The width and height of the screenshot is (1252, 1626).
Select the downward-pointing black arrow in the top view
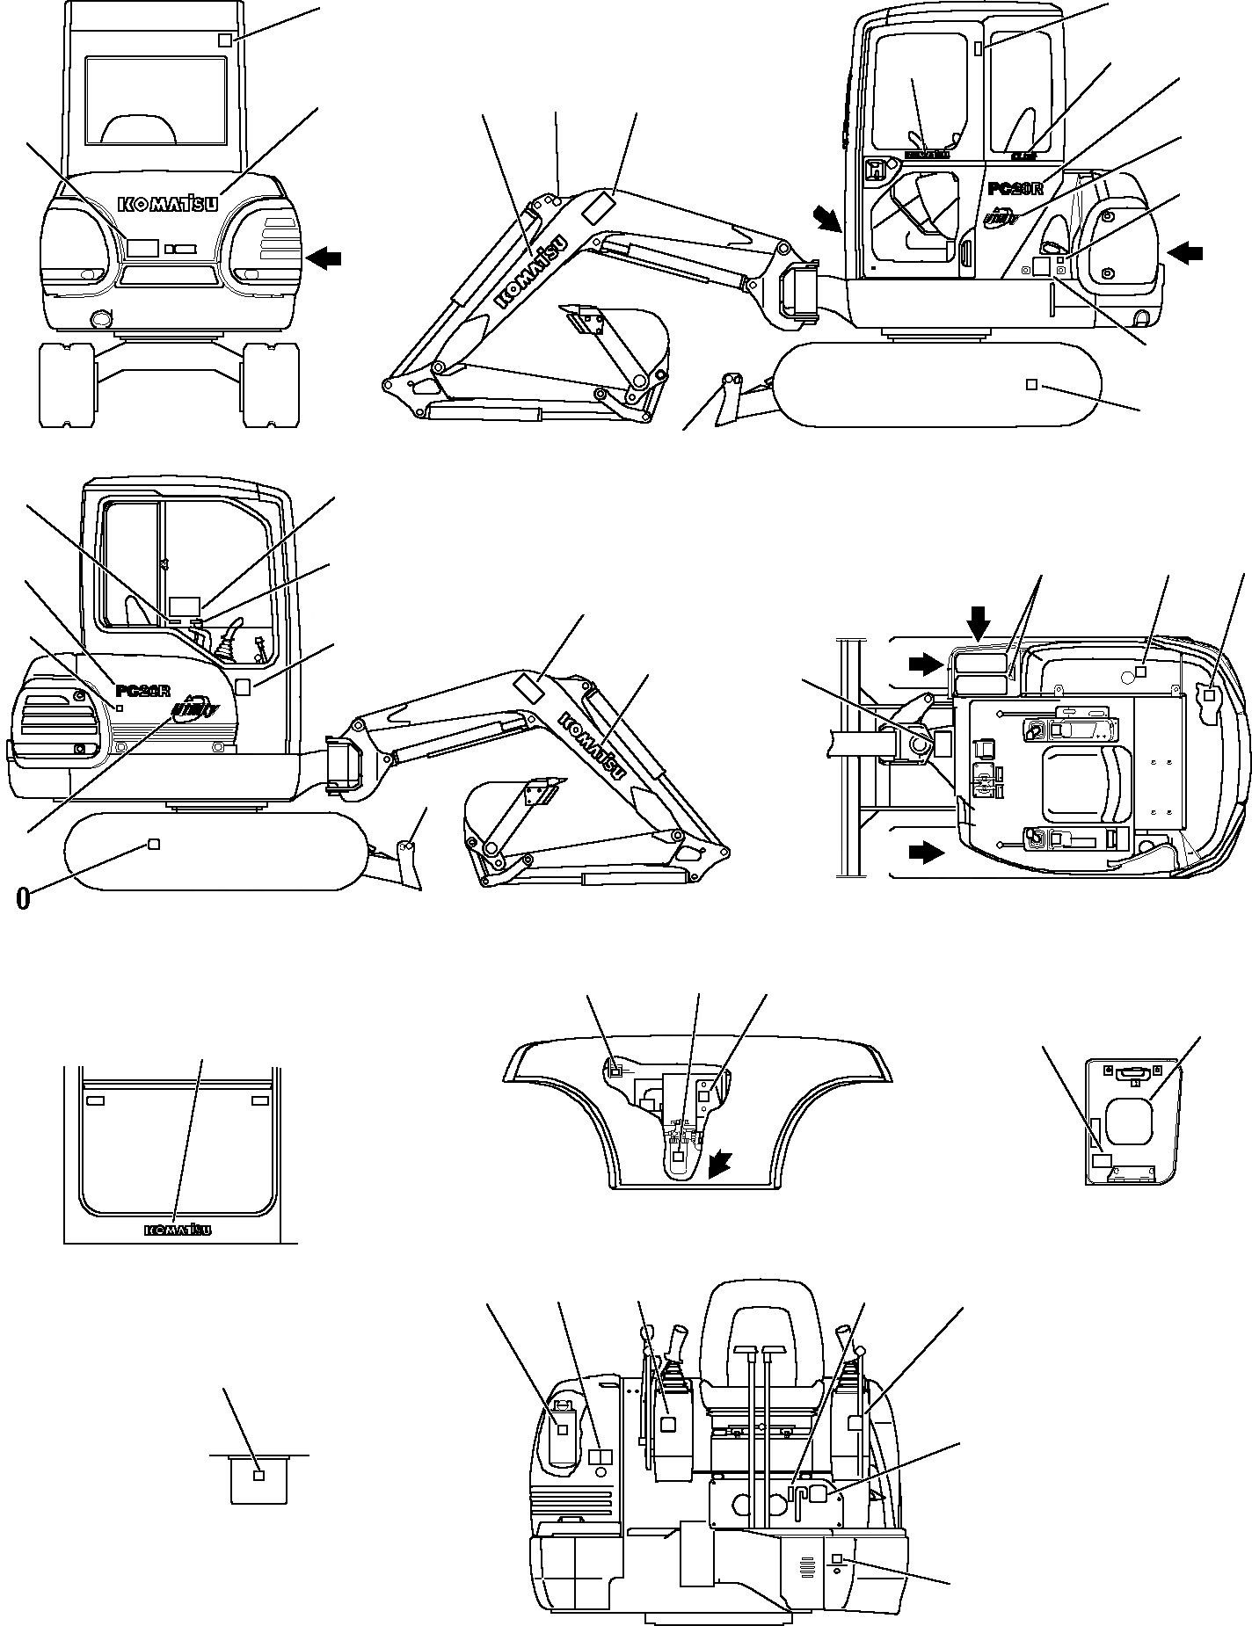[978, 626]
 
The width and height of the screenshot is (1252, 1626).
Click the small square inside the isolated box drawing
[258, 1475]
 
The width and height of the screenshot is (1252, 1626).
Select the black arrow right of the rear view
[324, 258]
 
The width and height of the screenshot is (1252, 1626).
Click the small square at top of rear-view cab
[225, 40]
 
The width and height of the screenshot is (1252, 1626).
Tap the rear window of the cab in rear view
[156, 99]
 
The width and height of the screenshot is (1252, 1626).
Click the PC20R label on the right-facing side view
[1015, 188]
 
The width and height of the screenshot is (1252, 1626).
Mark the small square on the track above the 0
[153, 845]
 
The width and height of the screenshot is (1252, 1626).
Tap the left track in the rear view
[67, 385]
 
